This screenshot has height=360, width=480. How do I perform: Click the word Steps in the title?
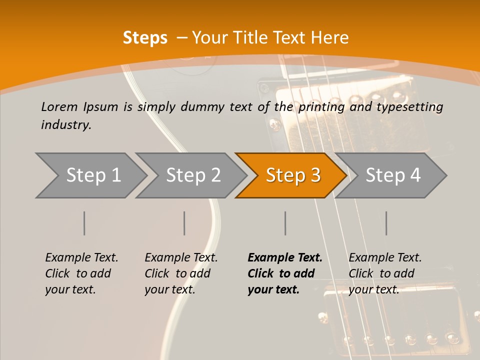pyautogui.click(x=145, y=38)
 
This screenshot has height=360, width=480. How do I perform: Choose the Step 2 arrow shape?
pyautogui.click(x=192, y=175)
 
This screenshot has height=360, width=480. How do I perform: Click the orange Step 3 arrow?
pyautogui.click(x=292, y=175)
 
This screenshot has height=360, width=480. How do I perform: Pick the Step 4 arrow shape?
pyautogui.click(x=392, y=175)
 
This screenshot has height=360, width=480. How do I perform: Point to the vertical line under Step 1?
pyautogui.click(x=84, y=223)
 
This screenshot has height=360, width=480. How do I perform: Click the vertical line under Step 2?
pyautogui.click(x=184, y=223)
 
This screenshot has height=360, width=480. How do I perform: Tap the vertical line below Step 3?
pyautogui.click(x=285, y=223)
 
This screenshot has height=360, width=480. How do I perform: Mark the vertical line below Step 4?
pyautogui.click(x=386, y=223)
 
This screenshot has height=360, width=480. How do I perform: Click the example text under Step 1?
pyautogui.click(x=81, y=273)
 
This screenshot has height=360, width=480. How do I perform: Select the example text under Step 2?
pyautogui.click(x=181, y=273)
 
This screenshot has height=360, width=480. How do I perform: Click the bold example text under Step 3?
pyautogui.click(x=285, y=273)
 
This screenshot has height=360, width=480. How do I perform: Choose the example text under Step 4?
pyautogui.click(x=385, y=273)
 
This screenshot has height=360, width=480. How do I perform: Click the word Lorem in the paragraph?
pyautogui.click(x=59, y=106)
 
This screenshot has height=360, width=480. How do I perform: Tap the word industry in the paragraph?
pyautogui.click(x=66, y=125)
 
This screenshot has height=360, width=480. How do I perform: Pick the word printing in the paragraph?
pyautogui.click(x=321, y=107)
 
